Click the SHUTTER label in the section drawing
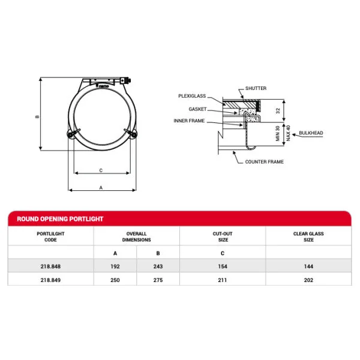[x=256, y=88]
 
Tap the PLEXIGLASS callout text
[x=192, y=96]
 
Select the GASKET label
[x=197, y=109]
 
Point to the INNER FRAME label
[x=189, y=121]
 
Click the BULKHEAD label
[x=311, y=133]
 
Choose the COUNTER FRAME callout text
[x=264, y=162]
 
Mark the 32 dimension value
[x=278, y=110]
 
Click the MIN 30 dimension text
[x=278, y=133]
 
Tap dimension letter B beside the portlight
[x=37, y=117]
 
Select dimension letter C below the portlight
[x=101, y=170]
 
